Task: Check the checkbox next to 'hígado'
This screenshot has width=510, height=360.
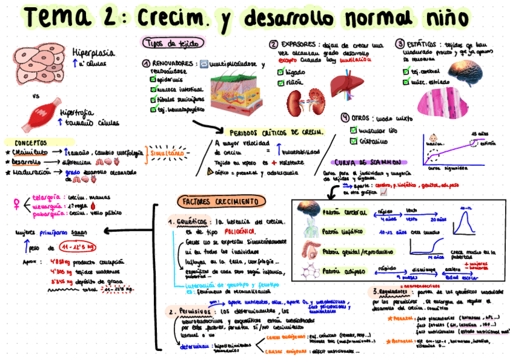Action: (281, 72)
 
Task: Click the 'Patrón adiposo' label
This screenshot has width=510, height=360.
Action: (343, 271)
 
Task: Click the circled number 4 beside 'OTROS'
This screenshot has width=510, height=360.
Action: (345, 117)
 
